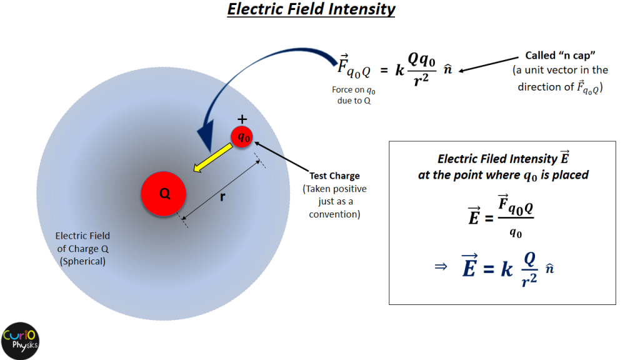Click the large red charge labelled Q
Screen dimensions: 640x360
tap(164, 194)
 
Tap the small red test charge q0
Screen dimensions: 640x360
tap(242, 137)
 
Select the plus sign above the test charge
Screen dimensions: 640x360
tap(242, 119)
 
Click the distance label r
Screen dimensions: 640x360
tap(222, 197)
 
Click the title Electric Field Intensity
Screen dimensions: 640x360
tap(311, 9)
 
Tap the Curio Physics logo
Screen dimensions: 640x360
tap(20, 341)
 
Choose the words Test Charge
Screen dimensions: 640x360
tap(334, 176)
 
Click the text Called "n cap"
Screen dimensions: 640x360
tap(560, 55)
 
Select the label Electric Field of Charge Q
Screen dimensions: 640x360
tap(83, 242)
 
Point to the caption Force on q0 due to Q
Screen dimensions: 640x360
tap(354, 95)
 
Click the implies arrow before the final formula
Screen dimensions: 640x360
tap(441, 267)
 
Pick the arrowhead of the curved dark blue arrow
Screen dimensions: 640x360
tap(206, 136)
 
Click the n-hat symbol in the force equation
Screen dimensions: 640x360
tap(447, 69)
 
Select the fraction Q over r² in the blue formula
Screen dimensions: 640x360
tap(529, 269)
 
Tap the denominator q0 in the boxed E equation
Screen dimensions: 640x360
tap(516, 232)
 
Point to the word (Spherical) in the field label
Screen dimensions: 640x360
tap(82, 261)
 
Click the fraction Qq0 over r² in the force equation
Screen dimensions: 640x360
tap(422, 69)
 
